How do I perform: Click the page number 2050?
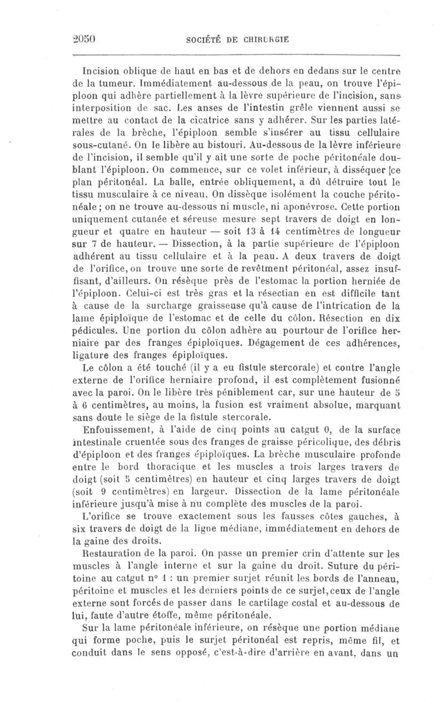point(86,40)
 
